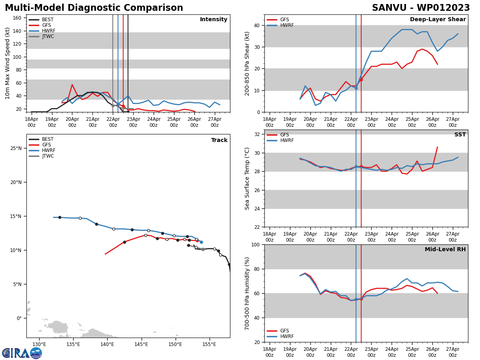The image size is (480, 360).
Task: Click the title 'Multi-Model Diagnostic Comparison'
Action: (94, 8)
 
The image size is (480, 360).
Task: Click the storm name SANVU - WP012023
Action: (421, 8)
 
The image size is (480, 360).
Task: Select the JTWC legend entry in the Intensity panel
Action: (48, 36)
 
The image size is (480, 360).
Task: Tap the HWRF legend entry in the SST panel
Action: (287, 140)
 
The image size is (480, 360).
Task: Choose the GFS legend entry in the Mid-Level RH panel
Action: (284, 331)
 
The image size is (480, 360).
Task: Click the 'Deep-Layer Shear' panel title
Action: (438, 20)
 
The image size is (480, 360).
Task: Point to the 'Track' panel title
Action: (219, 140)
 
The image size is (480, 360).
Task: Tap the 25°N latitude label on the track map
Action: (16, 148)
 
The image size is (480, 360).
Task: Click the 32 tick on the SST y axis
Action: (258, 134)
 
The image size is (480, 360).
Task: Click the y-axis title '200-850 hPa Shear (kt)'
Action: (247, 63)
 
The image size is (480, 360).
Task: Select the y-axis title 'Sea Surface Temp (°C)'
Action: (247, 178)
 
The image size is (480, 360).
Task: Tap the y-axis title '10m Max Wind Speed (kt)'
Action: (8, 63)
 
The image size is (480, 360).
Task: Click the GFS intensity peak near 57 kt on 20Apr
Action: (72, 84)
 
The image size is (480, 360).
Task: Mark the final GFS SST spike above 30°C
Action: (437, 147)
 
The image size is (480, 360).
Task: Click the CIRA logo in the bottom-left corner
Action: (22, 353)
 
